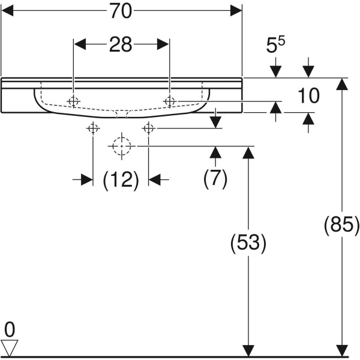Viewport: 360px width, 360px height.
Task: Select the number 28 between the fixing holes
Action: coord(120,44)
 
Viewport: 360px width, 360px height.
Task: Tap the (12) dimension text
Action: coord(121,179)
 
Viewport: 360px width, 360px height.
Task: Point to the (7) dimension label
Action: coord(215,179)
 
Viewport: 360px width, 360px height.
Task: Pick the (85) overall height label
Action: coord(341,226)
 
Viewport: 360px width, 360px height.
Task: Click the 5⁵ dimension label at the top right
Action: coord(276,46)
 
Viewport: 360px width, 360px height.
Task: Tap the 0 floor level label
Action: coord(8,328)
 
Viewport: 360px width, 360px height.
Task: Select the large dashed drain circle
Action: coord(122,146)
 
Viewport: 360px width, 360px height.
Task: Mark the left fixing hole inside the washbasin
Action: coord(74,101)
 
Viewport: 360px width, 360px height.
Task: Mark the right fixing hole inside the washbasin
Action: coord(169,101)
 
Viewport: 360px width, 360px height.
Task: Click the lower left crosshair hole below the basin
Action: coord(93,128)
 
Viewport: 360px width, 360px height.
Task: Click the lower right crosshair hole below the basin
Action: coord(149,128)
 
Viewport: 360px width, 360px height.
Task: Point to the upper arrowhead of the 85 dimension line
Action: coord(341,83)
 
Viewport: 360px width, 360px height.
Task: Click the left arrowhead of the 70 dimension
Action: coord(7,11)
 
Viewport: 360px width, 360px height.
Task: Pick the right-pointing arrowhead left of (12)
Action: coord(88,179)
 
